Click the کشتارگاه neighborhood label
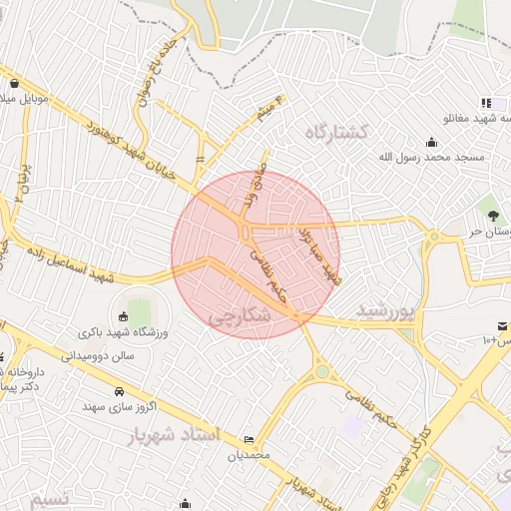[338, 132]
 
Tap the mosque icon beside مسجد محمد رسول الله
[431, 142]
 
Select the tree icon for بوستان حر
[492, 213]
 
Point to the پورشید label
[384, 311]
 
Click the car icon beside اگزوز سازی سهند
[119, 390]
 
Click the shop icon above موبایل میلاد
[15, 84]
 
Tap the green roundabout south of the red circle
[321, 373]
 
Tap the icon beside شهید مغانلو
[486, 103]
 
